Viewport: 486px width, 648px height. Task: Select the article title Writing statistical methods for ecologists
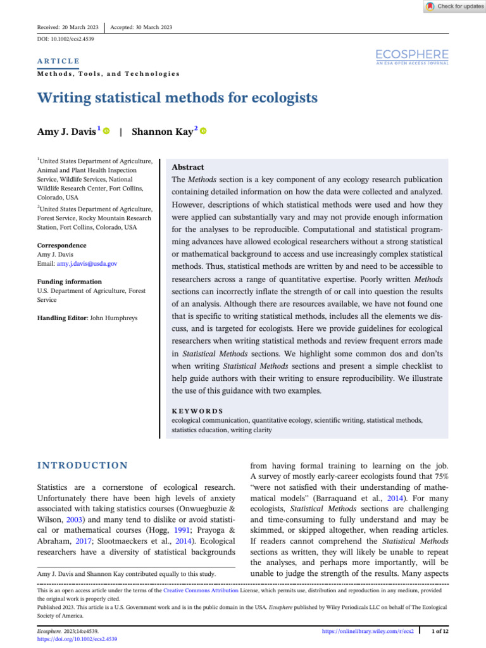point(177,98)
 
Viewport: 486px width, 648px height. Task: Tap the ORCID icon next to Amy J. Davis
point(106,131)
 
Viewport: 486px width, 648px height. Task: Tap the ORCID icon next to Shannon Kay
point(203,131)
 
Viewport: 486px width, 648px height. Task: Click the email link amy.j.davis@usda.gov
point(88,263)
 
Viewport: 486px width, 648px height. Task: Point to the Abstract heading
point(188,167)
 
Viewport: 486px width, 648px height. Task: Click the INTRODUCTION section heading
point(82,466)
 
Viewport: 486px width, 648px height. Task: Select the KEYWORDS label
point(197,410)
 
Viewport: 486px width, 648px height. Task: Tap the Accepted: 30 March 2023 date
point(140,27)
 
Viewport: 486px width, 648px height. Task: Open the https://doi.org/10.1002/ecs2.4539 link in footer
point(77,639)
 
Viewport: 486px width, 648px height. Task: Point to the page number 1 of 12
point(439,631)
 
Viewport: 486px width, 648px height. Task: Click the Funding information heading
point(69,282)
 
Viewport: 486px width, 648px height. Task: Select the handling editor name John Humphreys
point(114,318)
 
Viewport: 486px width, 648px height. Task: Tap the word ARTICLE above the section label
point(58,61)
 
